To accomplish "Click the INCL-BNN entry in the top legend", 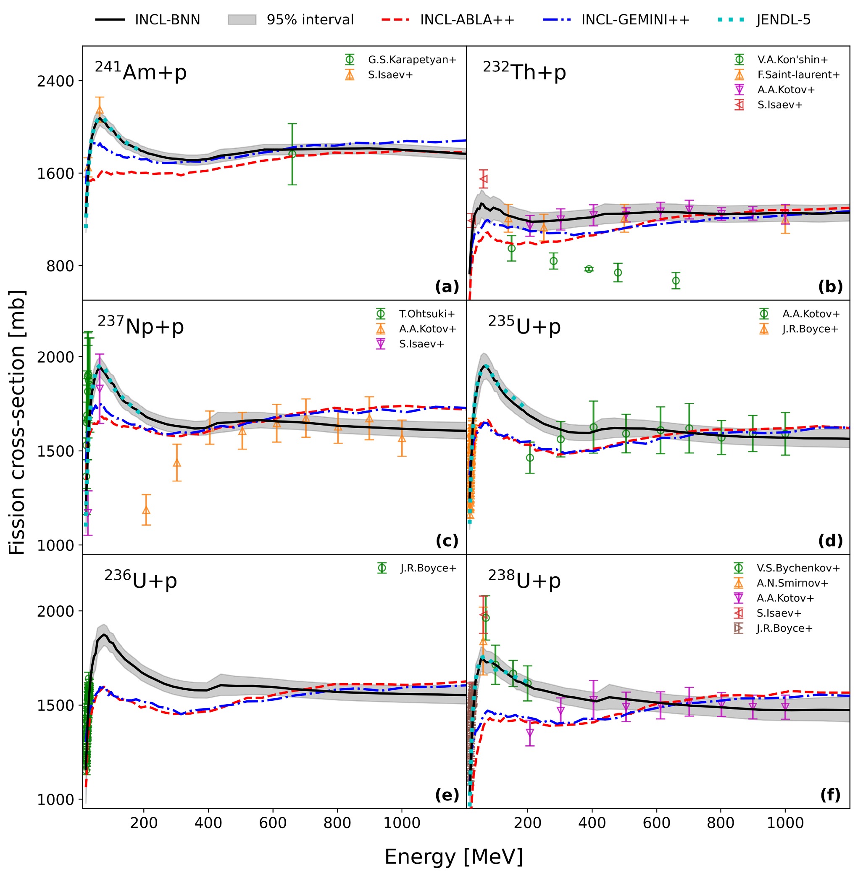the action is click(x=147, y=20).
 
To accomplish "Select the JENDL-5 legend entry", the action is click(x=764, y=20).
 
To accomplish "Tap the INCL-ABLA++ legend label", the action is click(x=467, y=20).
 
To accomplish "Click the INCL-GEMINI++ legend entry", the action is click(x=635, y=20).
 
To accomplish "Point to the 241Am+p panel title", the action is click(x=141, y=71).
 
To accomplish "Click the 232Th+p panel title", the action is click(x=524, y=71).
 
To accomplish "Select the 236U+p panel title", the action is click(x=141, y=580).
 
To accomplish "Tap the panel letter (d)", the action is click(x=830, y=541).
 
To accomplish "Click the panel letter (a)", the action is click(x=447, y=287).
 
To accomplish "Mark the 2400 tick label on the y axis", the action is click(x=55, y=81).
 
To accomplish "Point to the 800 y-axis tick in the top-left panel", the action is click(x=61, y=266).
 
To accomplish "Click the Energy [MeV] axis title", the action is click(x=454, y=857).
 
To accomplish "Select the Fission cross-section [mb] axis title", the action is click(x=17, y=422).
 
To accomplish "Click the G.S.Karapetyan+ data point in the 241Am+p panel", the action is click(x=292, y=154).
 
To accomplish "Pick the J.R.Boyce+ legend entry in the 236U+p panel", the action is click(x=417, y=568).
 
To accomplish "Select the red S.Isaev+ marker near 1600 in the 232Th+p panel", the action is click(x=484, y=179).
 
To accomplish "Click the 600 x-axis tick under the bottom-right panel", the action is click(x=657, y=823).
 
